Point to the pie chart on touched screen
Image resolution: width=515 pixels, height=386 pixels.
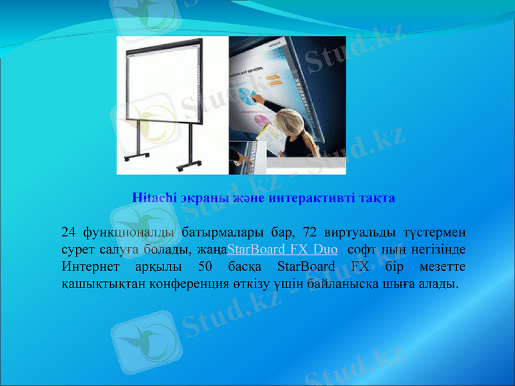tap(247, 97)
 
